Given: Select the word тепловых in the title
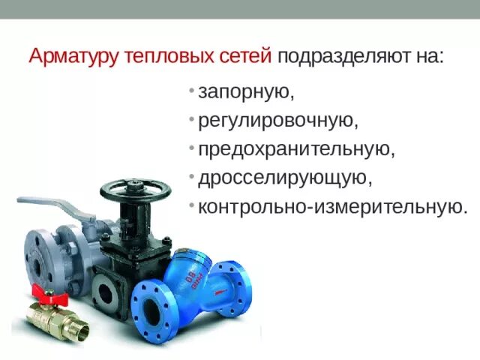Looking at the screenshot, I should [158, 57].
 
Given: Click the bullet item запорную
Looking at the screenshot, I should [244, 94].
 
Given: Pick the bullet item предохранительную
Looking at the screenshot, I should [295, 149].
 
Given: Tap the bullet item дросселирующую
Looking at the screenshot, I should [284, 178].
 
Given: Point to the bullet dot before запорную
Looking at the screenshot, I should [192, 91].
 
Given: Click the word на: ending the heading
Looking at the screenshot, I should [427, 57].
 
